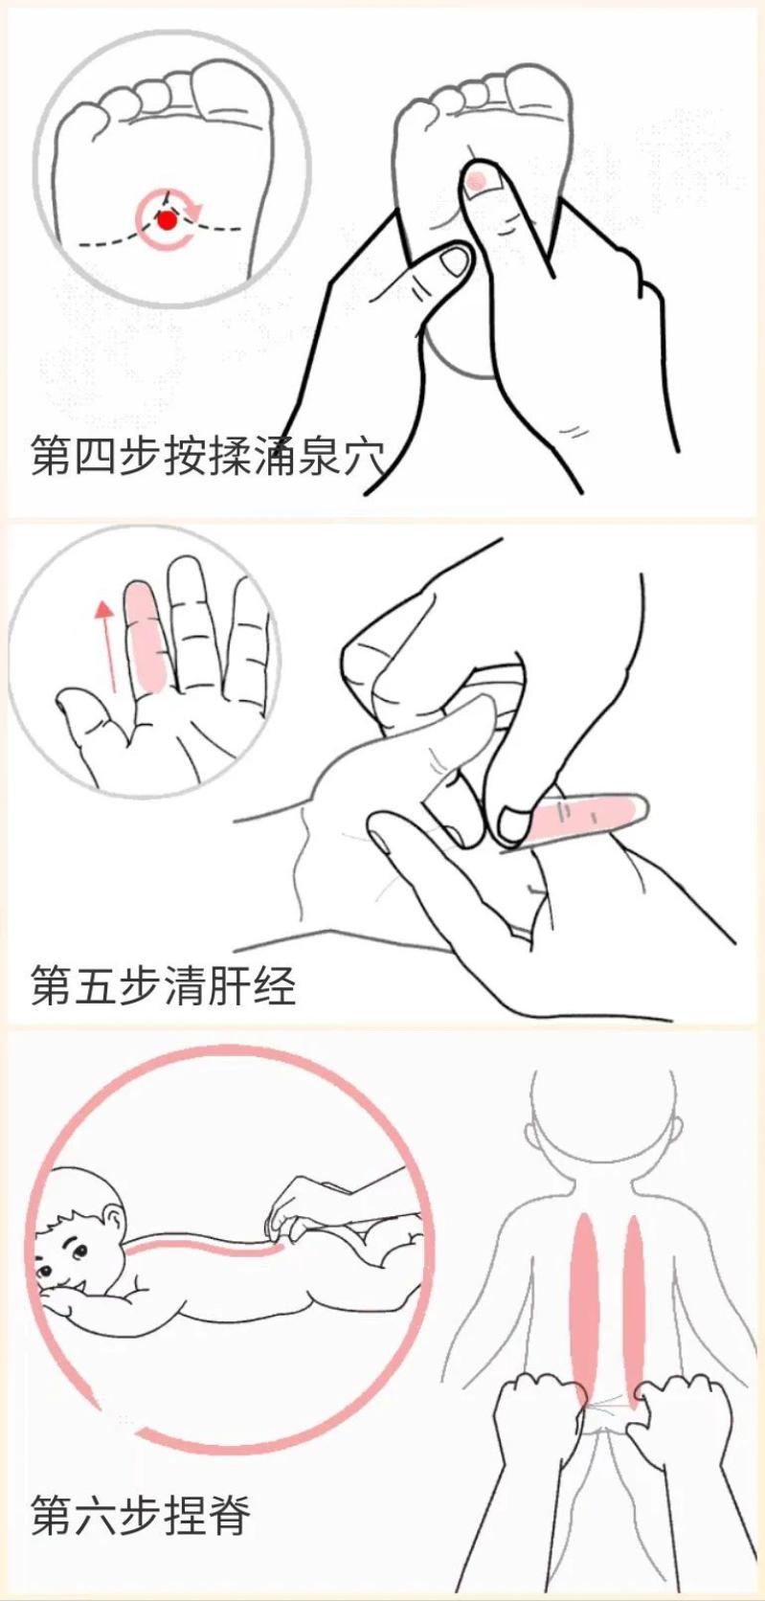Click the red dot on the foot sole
pos(168,221)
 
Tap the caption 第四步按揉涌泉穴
pos(207,456)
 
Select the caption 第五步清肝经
pos(163,985)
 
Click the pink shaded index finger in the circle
pos(146,636)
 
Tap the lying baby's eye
pos(75,1251)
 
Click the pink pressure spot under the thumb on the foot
pos(478,179)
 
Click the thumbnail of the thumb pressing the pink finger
pos(515,822)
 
